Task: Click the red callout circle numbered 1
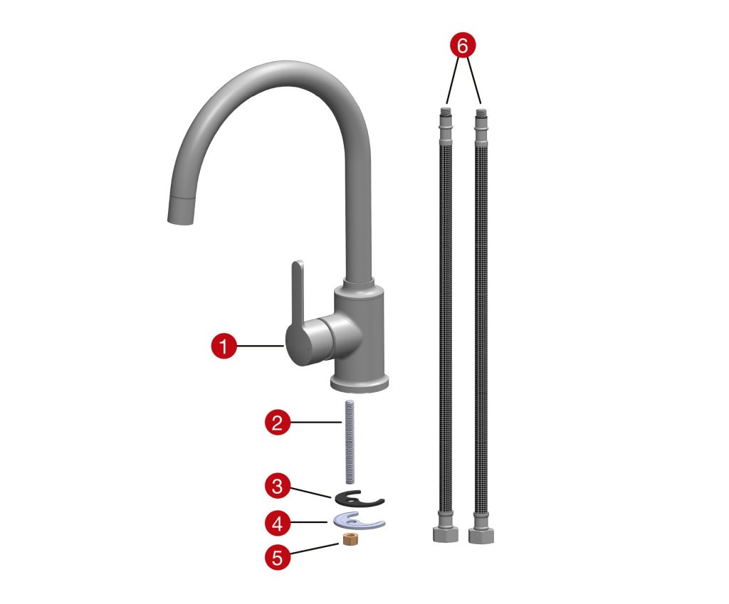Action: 224,346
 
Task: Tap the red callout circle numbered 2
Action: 277,423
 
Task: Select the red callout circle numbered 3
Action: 277,487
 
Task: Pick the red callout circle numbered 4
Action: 277,524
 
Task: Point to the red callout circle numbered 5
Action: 277,556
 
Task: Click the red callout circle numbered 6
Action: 462,46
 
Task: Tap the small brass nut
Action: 348,540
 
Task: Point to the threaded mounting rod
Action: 349,441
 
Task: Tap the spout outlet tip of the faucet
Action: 179,219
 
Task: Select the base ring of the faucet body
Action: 360,383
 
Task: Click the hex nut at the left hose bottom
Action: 446,534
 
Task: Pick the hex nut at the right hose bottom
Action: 481,535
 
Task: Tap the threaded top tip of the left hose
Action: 446,110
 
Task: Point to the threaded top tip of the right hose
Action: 481,113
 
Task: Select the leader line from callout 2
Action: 317,422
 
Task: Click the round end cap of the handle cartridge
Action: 295,346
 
